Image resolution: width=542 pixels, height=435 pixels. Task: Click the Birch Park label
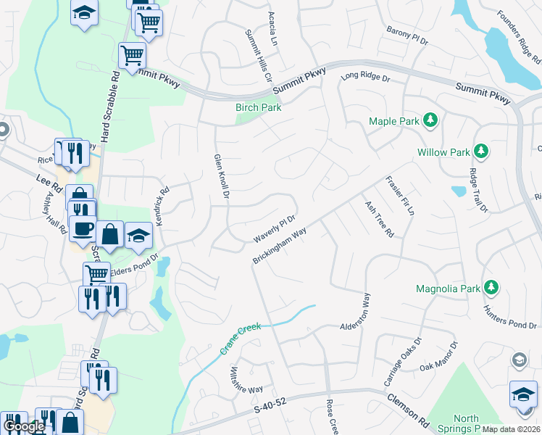click(258, 107)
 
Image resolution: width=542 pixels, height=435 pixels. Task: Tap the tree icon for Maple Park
click(430, 120)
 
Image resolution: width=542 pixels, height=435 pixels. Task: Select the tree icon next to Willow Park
click(480, 152)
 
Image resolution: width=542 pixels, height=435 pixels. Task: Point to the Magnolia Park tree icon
click(491, 288)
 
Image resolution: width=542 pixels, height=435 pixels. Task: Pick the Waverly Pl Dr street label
click(275, 228)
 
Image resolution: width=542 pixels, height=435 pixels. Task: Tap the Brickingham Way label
click(280, 246)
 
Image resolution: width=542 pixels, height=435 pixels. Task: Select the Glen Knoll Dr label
click(221, 176)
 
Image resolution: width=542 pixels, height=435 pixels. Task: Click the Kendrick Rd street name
click(163, 204)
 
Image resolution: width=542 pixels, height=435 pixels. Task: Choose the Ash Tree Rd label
click(379, 220)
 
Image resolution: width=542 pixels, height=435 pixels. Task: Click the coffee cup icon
click(82, 228)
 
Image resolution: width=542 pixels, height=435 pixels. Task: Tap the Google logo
click(24, 426)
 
